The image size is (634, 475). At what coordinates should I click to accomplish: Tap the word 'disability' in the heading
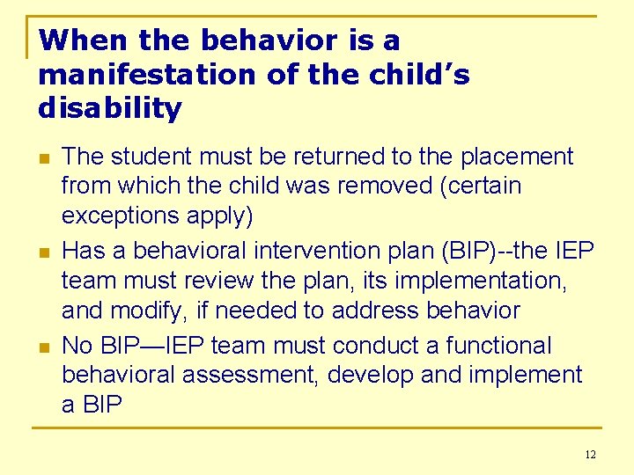[x=110, y=109]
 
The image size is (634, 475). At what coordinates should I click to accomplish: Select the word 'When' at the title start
[x=70, y=40]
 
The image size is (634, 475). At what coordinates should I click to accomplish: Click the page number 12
[x=589, y=454]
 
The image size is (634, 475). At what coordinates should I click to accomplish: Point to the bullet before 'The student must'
[x=43, y=158]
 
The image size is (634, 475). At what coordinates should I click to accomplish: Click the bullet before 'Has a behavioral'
[x=43, y=252]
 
